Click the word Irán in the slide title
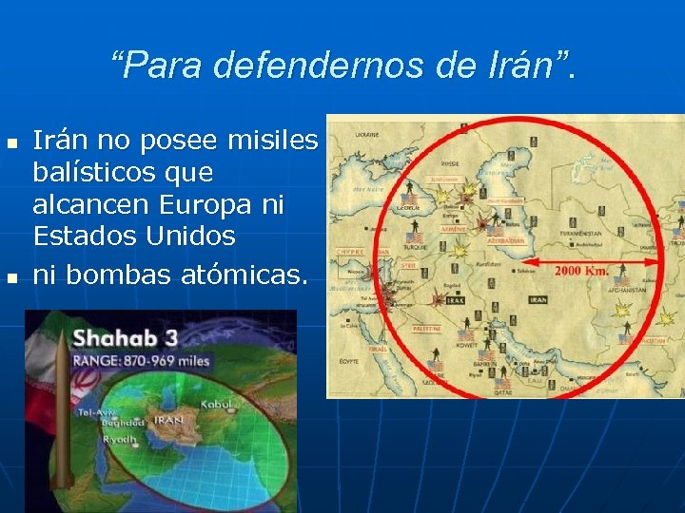coord(529,65)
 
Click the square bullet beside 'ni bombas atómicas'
coord(11,278)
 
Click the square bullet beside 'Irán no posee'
coord(11,143)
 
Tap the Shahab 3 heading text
coord(126,336)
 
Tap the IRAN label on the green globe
coord(170,419)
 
